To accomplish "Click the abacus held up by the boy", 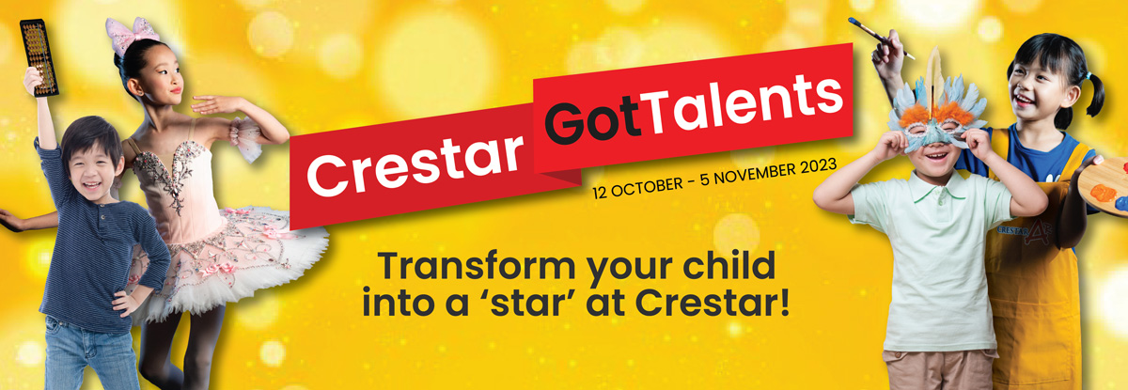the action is coord(39,57).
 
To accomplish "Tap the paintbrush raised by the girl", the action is coord(881,39).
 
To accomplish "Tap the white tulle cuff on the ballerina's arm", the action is coord(245,138).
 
